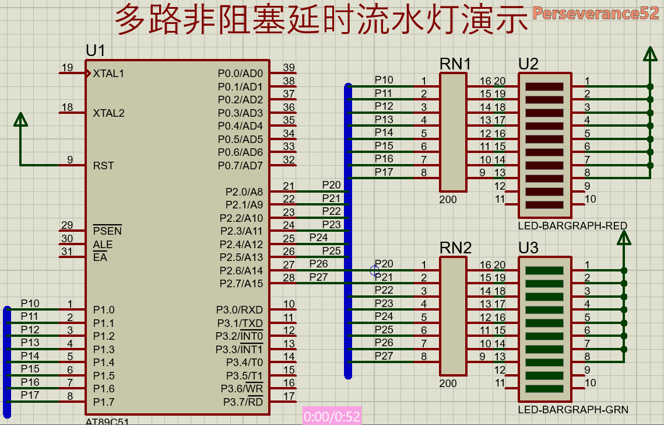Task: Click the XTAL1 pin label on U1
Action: [x=108, y=74]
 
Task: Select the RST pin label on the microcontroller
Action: [x=103, y=166]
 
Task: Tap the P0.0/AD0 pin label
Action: [x=240, y=74]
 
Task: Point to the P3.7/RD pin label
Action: [x=243, y=402]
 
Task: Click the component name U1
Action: [x=95, y=51]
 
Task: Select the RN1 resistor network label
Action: [x=455, y=64]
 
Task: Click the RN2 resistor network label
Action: [x=455, y=248]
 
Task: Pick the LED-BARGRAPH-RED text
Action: [x=572, y=225]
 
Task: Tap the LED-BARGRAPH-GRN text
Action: [x=572, y=410]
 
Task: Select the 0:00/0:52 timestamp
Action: [x=332, y=416]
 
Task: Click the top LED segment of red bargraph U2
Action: [x=544, y=86]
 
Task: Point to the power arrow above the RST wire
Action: [x=21, y=120]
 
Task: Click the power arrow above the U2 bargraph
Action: [x=649, y=54]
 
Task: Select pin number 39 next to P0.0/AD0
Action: [x=289, y=68]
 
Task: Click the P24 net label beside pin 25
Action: [x=318, y=238]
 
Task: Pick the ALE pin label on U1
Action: [x=103, y=245]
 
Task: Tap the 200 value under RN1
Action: [x=448, y=200]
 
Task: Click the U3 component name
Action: [x=528, y=248]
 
